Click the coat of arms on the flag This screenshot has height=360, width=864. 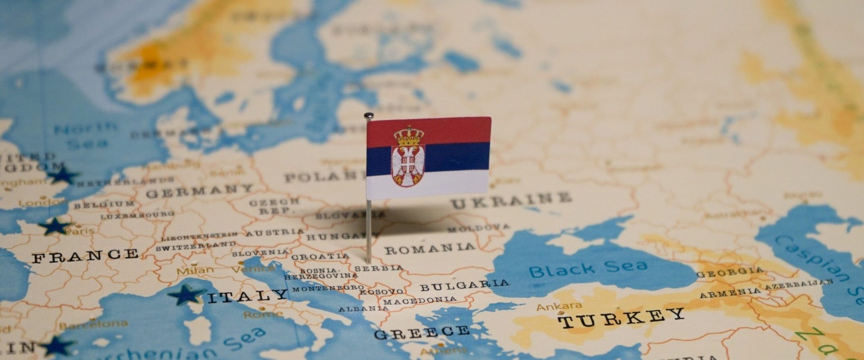coord(408,156)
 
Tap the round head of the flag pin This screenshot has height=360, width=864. coord(369,116)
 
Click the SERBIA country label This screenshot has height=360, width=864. coord(378,268)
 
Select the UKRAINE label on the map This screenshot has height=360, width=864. coord(511,200)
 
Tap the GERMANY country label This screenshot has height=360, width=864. coord(200,191)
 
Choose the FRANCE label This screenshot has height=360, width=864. coord(85,256)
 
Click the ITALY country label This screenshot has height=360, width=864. coord(247,296)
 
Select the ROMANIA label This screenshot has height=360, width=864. coord(430,248)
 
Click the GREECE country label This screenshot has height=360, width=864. coord(422,333)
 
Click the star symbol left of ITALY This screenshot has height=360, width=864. coord(185,295)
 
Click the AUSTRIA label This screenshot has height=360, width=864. coord(274,233)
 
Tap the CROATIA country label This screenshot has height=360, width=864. coord(320,257)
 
